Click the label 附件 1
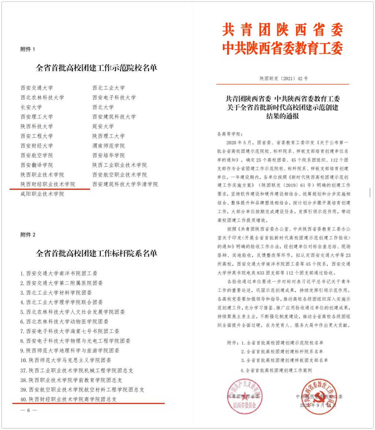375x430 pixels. click(27, 49)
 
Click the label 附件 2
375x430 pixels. click(27, 235)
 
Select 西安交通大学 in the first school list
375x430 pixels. click(37, 88)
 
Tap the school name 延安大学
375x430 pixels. click(103, 126)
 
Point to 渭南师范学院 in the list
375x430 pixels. click(108, 146)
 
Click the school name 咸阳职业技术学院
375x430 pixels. click(42, 194)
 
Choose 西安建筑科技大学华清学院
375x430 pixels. click(125, 184)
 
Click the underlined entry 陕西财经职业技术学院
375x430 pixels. click(48, 184)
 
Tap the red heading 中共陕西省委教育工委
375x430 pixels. click(282, 47)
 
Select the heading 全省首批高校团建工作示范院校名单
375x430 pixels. click(96, 68)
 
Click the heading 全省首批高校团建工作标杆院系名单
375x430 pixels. click(96, 253)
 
